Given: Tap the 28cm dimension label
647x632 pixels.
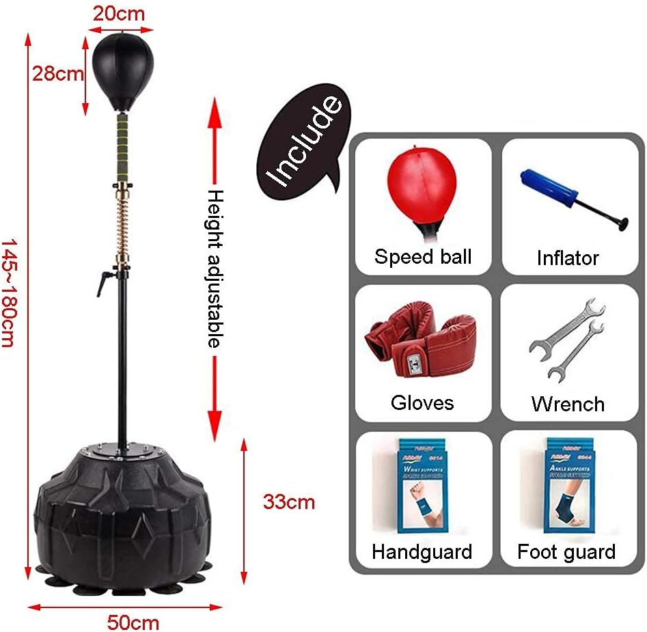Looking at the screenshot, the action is click(x=58, y=74).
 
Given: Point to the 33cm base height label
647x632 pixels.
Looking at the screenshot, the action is click(x=289, y=502).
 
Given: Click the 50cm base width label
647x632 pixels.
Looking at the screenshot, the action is click(x=133, y=622).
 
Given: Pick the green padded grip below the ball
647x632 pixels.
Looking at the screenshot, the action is click(x=124, y=148).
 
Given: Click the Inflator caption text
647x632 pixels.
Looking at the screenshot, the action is click(x=567, y=258).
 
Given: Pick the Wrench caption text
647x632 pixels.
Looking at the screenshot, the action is click(x=568, y=404).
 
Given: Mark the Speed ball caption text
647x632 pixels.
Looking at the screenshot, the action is click(x=422, y=257).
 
